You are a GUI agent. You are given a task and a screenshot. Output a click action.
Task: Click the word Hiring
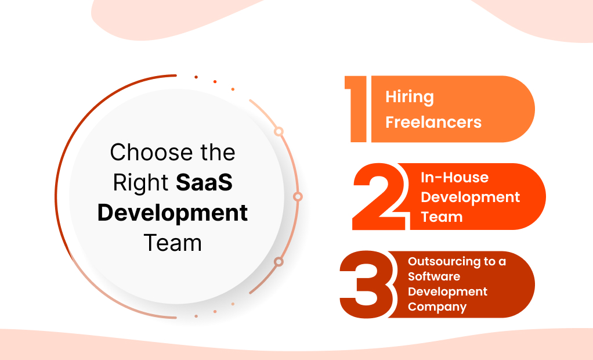click(x=410, y=98)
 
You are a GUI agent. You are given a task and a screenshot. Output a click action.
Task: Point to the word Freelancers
click(x=433, y=123)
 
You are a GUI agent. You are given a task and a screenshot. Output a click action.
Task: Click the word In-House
click(x=446, y=178)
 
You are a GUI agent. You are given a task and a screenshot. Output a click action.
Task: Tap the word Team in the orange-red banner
click(x=442, y=217)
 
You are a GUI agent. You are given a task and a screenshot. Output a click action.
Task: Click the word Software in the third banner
click(x=434, y=276)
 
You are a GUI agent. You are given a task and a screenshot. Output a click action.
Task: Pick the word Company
click(x=437, y=307)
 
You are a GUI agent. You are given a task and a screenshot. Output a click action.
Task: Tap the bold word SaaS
click(x=204, y=183)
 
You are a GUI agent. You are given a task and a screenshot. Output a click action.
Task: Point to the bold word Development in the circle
click(x=172, y=213)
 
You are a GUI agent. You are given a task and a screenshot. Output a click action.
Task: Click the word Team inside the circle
click(x=172, y=243)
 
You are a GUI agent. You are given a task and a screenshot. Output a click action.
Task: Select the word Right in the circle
click(x=141, y=183)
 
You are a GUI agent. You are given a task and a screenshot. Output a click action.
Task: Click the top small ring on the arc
click(x=279, y=132)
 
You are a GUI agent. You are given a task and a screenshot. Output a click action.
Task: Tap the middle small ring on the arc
click(x=298, y=197)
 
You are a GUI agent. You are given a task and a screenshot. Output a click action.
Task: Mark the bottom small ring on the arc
click(x=279, y=262)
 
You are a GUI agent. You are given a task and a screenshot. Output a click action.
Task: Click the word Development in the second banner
click(x=470, y=197)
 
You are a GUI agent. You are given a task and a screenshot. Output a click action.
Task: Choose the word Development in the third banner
click(x=447, y=291)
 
